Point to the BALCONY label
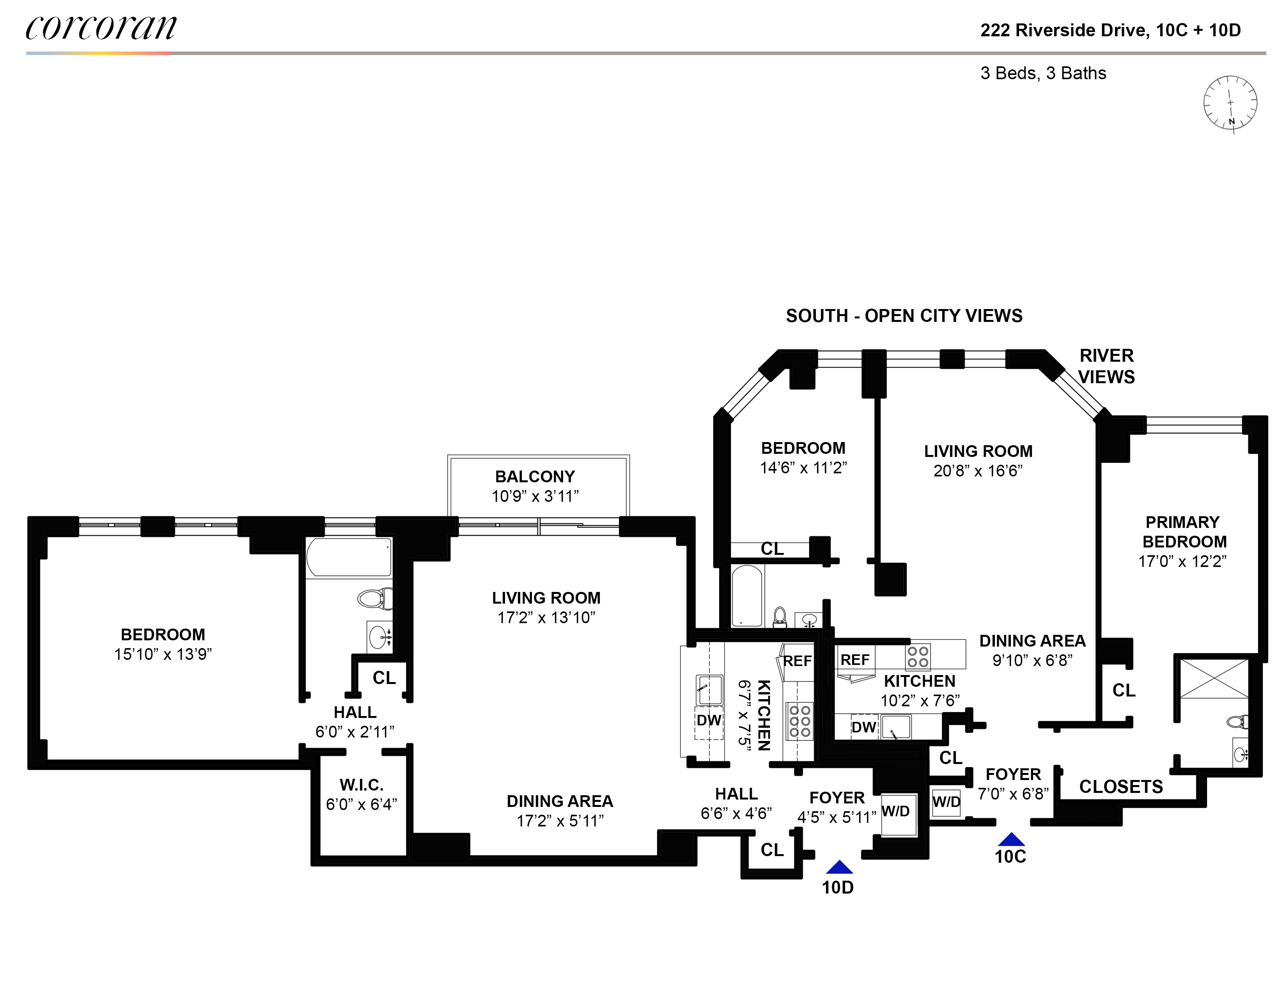[x=534, y=476]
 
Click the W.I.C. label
[x=361, y=785]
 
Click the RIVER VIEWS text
[x=1106, y=366]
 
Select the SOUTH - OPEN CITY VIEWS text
[x=904, y=316]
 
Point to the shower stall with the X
[x=1214, y=679]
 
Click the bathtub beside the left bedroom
[x=348, y=557]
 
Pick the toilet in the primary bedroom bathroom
[x=1237, y=721]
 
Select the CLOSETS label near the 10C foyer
[x=1121, y=786]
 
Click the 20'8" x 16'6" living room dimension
[x=978, y=471]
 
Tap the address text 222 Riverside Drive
[x=1064, y=30]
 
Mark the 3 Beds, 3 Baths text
[x=1043, y=73]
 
